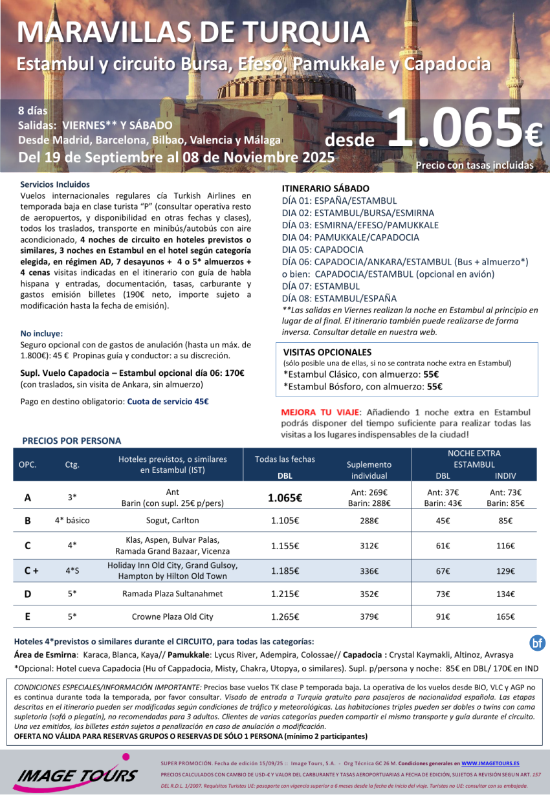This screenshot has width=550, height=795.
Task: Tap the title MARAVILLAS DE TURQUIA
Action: click(x=193, y=32)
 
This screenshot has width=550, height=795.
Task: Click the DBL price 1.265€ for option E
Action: click(x=285, y=616)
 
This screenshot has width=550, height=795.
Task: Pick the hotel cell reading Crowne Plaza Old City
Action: click(x=172, y=616)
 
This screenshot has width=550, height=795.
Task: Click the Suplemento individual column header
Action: click(x=369, y=470)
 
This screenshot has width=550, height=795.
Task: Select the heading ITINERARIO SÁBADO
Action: click(x=325, y=188)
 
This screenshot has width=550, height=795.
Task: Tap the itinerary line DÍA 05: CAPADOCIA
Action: click(x=323, y=250)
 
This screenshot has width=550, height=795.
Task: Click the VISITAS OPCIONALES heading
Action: click(x=327, y=353)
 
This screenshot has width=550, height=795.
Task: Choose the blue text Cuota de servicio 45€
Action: click(x=168, y=401)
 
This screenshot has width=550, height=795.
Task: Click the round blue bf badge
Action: click(x=537, y=642)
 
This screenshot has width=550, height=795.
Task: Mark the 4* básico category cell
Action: click(x=72, y=520)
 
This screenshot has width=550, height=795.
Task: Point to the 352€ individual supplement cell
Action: click(x=369, y=594)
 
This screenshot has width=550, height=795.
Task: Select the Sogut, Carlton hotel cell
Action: click(x=172, y=520)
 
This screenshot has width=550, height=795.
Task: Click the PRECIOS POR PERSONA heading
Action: click(x=71, y=441)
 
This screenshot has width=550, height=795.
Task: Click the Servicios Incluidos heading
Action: click(x=55, y=184)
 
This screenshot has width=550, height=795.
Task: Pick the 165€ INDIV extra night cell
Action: click(x=505, y=616)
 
